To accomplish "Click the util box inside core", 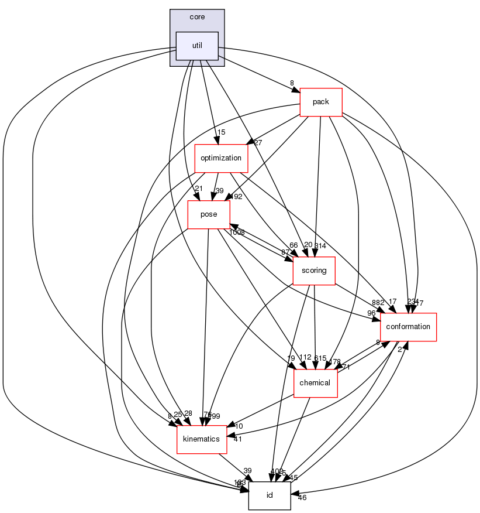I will point(197,46).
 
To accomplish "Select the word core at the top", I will point(197,17).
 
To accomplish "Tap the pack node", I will point(320,102).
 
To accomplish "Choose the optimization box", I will point(221,158).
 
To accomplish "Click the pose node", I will point(209,214).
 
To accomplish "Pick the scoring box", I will point(313,271).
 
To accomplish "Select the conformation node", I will point(408,327).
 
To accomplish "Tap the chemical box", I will point(315,383).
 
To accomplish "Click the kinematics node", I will point(202,439).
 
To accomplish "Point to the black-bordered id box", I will point(270,495).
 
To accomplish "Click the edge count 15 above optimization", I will point(222,132).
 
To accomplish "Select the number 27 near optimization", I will point(257,142).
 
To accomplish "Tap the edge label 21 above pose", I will point(198,188).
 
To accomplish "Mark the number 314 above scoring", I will point(320,245).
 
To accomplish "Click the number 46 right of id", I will point(302,497).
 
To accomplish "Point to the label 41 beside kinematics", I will point(237,439).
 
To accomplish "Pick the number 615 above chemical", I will point(320,358).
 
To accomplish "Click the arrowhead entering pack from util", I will point(296,90).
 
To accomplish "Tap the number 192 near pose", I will point(236,197).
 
